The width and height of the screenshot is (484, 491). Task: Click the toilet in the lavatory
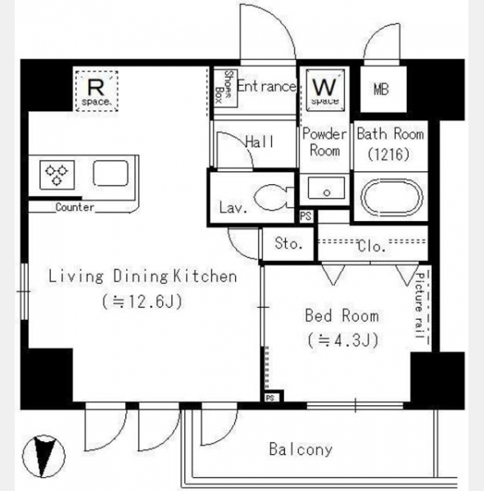(x=274, y=197)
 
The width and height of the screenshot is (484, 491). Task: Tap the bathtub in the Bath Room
(x=391, y=197)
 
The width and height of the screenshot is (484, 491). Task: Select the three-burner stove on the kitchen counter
(x=57, y=175)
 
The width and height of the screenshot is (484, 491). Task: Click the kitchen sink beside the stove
(x=111, y=173)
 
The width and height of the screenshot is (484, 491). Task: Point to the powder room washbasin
(x=326, y=188)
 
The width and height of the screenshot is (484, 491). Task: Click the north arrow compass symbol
(x=43, y=456)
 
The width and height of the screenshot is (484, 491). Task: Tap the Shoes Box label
(x=224, y=87)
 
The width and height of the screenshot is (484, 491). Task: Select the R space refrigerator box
(x=97, y=91)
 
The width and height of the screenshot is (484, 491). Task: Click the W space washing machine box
(x=325, y=90)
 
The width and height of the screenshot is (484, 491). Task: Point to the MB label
(x=381, y=89)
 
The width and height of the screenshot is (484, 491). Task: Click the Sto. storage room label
(x=288, y=243)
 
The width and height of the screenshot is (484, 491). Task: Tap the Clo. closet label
(x=372, y=246)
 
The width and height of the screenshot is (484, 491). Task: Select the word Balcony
(x=301, y=449)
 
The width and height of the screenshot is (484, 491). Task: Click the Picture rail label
(x=419, y=305)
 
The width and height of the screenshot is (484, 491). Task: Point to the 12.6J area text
(x=142, y=302)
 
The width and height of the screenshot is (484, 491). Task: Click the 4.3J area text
(x=342, y=340)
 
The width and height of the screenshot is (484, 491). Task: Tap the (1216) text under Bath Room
(x=389, y=154)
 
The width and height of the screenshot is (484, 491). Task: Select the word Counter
(x=75, y=207)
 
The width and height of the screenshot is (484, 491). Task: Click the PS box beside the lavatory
(x=306, y=216)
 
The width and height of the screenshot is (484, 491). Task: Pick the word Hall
(x=260, y=142)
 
